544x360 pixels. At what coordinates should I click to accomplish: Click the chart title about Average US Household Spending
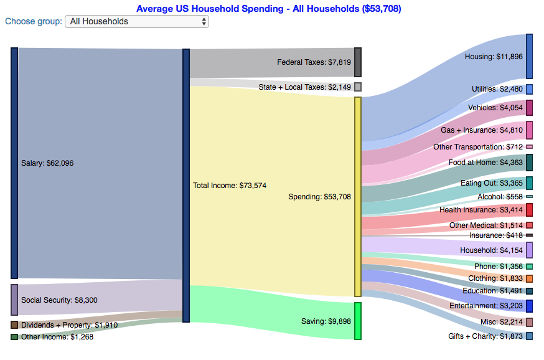[x=268, y=9]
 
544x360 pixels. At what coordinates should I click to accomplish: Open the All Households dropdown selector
[x=137, y=22]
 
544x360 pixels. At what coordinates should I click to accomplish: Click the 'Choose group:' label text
[x=34, y=22]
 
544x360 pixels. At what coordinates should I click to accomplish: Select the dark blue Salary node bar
[x=14, y=163]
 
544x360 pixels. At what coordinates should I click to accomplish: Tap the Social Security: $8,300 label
[x=59, y=300]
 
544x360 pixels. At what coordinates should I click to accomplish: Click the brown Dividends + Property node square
[x=14, y=324]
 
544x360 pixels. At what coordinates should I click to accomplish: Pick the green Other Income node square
[x=14, y=337]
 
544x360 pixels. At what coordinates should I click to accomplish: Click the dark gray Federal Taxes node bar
[x=357, y=62]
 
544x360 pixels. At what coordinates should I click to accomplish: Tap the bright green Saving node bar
[x=358, y=321]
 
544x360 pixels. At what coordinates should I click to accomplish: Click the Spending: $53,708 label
[x=319, y=197]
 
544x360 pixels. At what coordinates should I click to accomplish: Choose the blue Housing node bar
[x=529, y=56]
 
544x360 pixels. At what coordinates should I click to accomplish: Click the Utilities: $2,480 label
[x=497, y=89]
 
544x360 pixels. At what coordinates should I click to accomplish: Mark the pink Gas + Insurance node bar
[x=529, y=130]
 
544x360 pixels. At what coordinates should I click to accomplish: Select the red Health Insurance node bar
[x=529, y=210]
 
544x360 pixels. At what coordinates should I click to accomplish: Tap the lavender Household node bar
[x=529, y=250]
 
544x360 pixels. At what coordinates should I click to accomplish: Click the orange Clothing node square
[x=529, y=278]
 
